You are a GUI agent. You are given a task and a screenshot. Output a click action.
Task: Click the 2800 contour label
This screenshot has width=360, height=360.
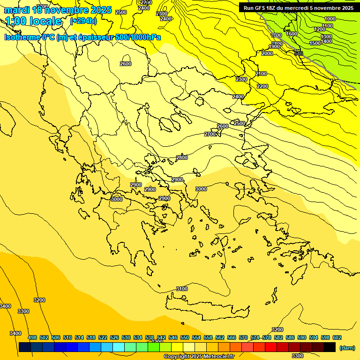pyautogui.click(x=182, y=158)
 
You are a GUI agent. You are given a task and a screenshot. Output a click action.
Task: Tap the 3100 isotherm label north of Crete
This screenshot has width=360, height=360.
pyautogui.click(x=182, y=289)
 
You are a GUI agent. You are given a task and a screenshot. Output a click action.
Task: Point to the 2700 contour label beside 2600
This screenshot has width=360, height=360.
pyautogui.click(x=210, y=135)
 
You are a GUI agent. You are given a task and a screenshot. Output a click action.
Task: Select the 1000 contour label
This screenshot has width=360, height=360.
pyautogui.click(x=330, y=19)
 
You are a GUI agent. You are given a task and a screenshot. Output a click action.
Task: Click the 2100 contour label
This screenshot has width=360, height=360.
pyautogui.click(x=261, y=74)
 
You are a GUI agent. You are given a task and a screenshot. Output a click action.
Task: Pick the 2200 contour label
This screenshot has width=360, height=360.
pyautogui.click(x=262, y=86)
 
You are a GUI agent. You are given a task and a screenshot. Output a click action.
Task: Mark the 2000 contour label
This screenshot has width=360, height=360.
pyautogui.click(x=267, y=54)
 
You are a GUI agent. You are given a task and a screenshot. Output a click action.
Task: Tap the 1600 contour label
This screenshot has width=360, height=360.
pyautogui.click(x=292, y=34)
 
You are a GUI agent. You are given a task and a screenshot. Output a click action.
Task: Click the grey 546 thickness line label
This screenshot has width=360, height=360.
pyautogui.click(x=298, y=53)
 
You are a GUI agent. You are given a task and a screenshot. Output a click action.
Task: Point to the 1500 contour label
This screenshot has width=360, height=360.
pyautogui.click(x=315, y=43)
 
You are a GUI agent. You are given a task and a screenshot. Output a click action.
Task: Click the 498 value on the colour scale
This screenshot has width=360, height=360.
pyautogui.click(x=32, y=337)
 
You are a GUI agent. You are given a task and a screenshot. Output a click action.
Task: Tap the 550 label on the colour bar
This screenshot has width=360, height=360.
pyautogui.click(x=185, y=337)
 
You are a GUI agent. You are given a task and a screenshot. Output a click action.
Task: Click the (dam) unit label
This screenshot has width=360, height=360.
pyautogui.click(x=347, y=347)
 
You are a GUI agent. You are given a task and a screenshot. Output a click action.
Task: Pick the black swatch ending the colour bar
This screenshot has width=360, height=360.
pyautogui.click(x=330, y=347)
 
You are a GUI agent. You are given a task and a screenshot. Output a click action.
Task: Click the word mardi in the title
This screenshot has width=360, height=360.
pyautogui.click(x=18, y=10)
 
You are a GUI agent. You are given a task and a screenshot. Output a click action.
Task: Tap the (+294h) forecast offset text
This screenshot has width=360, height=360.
pyautogui.click(x=83, y=21)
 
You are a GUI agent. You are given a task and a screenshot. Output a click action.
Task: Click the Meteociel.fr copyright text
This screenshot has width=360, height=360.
pyautogui.click(x=199, y=357)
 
